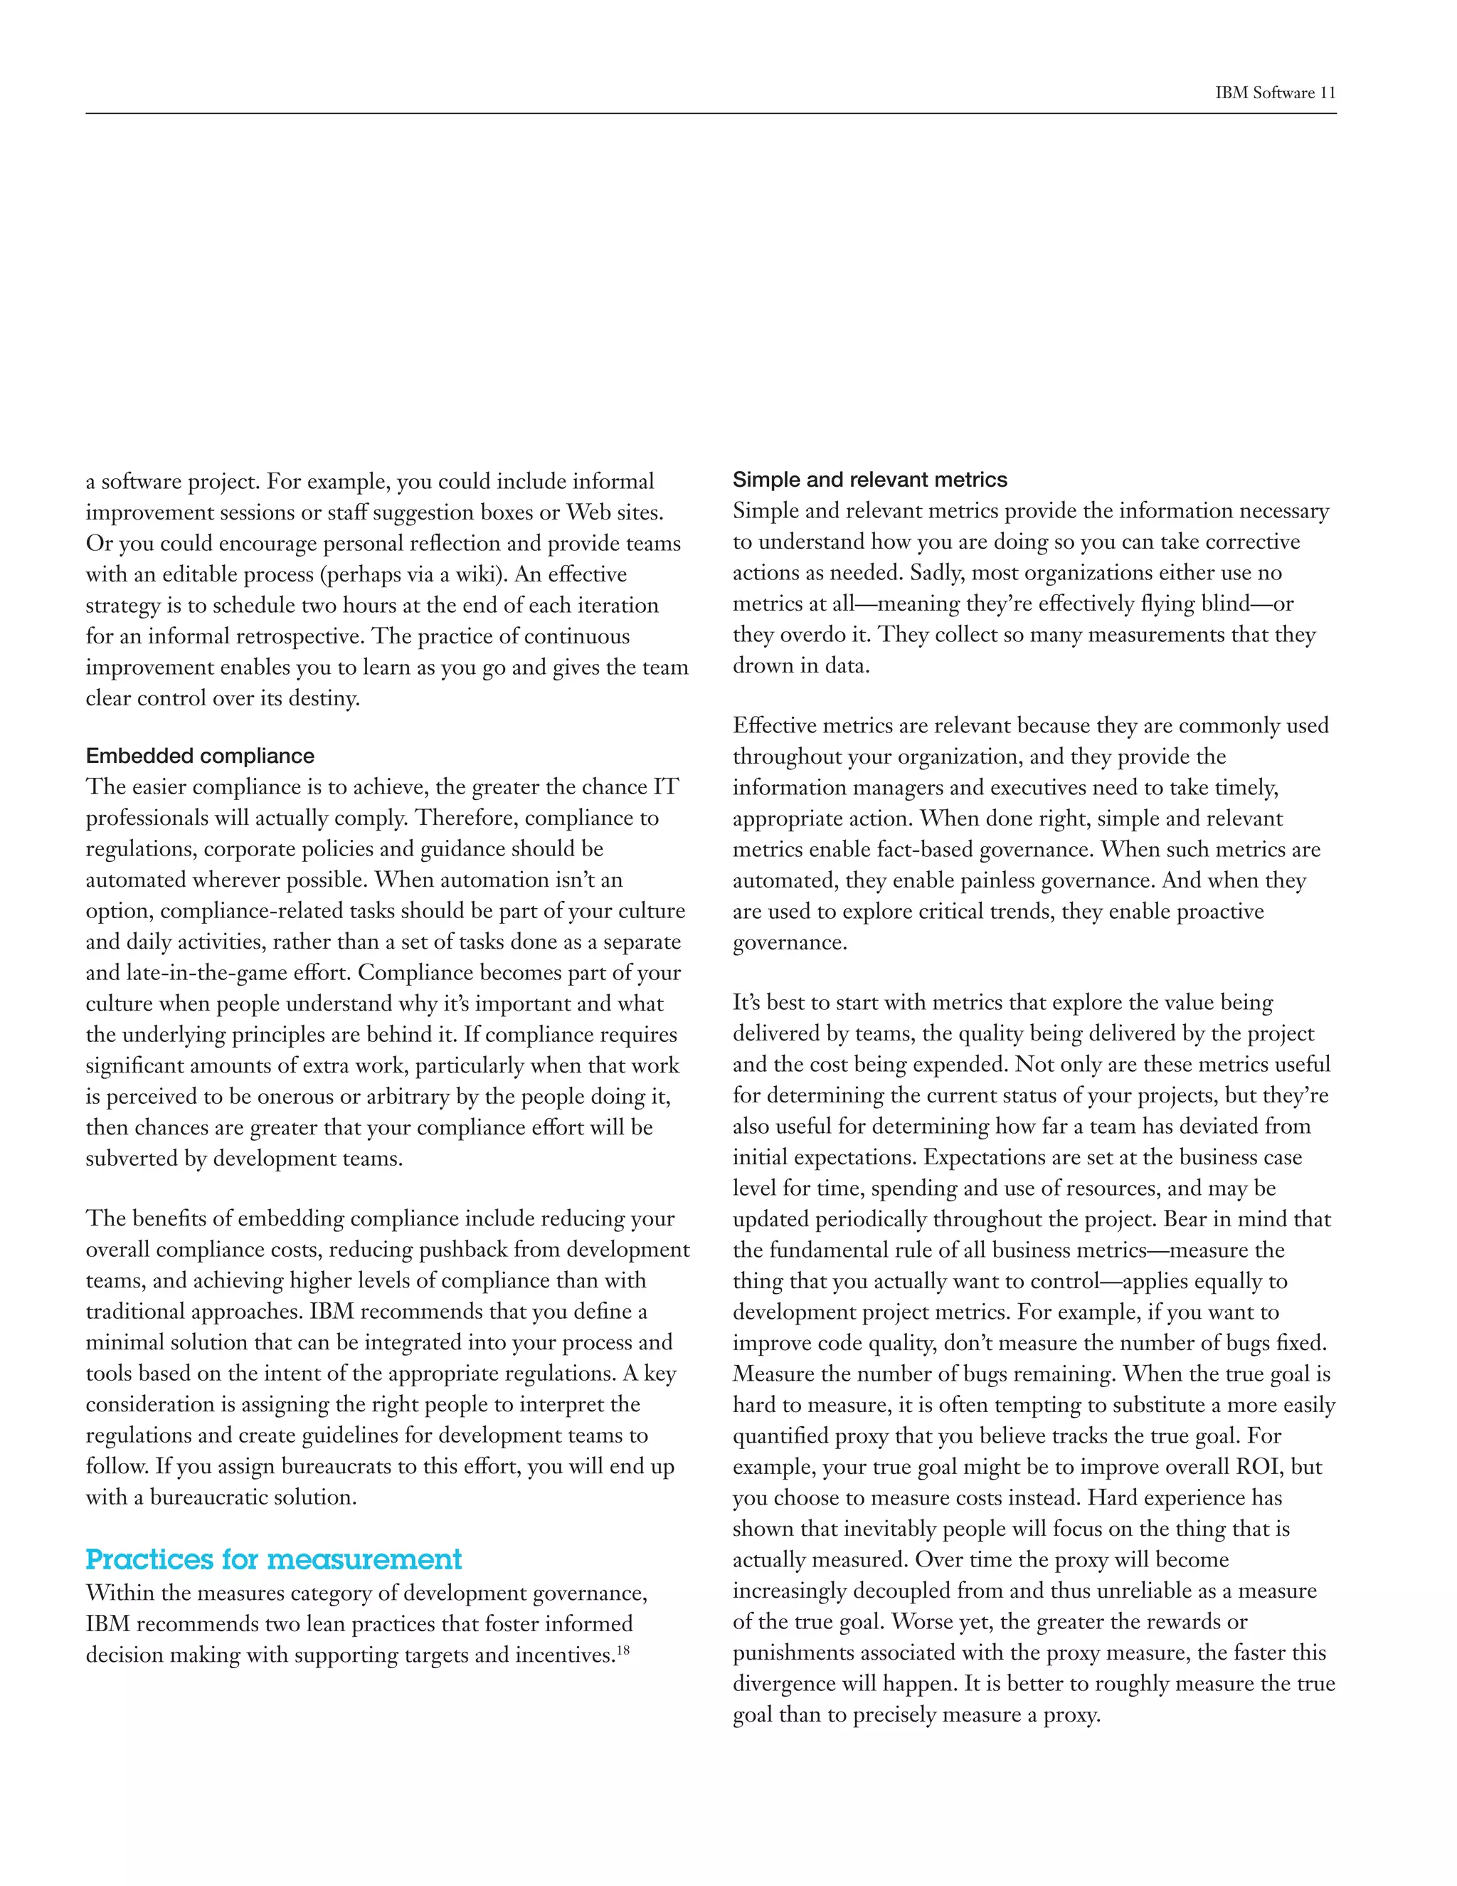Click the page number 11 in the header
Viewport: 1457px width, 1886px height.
click(x=1327, y=93)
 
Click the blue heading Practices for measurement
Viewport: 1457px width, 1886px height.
click(x=274, y=1559)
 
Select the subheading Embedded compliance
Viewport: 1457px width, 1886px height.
click(x=200, y=757)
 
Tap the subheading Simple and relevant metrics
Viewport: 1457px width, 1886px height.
click(x=870, y=480)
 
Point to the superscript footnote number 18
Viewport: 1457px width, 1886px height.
click(x=623, y=1650)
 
